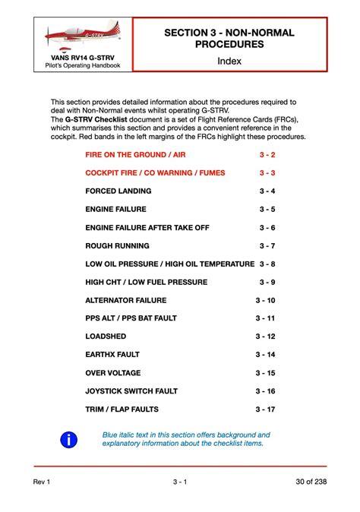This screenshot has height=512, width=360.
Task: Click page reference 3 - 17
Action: (x=265, y=409)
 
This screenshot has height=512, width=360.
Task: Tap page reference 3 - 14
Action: (x=265, y=355)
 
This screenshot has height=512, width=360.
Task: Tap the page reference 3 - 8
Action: (x=267, y=264)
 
